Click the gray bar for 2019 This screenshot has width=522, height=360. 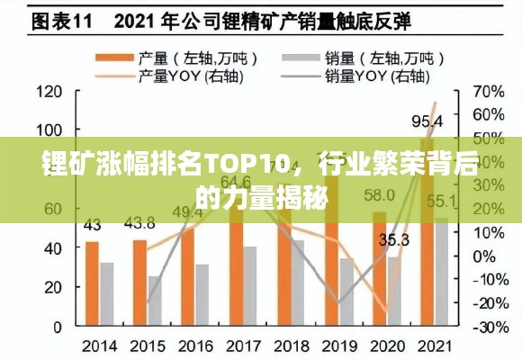click(346, 292)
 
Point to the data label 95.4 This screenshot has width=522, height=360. click(427, 121)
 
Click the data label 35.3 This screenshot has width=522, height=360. click(394, 239)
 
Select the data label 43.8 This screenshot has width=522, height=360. click(139, 222)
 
